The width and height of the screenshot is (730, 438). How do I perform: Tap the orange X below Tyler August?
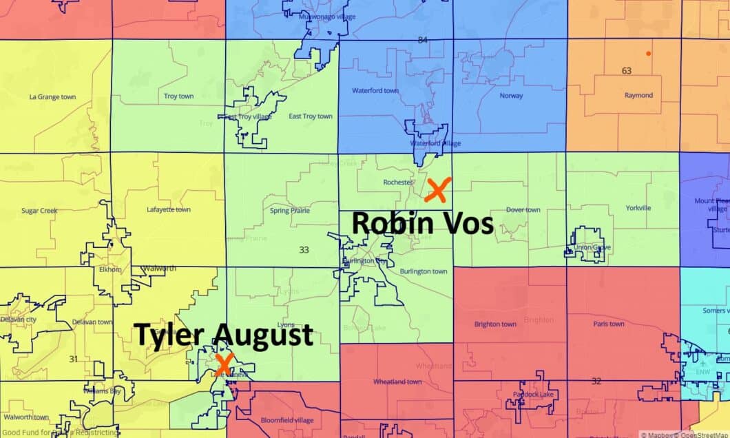[x=222, y=364]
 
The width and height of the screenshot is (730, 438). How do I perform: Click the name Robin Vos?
[x=423, y=224]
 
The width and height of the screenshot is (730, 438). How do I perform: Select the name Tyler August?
[x=224, y=335]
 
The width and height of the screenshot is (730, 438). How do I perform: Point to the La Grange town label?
[x=52, y=97]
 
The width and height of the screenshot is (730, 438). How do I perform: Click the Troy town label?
[x=178, y=96]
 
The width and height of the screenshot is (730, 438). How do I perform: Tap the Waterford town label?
[x=375, y=91]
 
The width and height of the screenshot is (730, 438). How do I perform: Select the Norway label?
[x=511, y=96]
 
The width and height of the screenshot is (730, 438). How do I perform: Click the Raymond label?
[x=638, y=96]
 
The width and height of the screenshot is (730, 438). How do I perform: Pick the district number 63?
[x=626, y=71]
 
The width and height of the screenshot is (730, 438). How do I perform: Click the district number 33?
[x=304, y=250]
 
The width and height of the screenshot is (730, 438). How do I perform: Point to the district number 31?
[x=74, y=359]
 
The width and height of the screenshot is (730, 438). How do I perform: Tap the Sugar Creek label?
[x=39, y=210]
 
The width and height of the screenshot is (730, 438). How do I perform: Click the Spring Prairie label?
[x=289, y=210]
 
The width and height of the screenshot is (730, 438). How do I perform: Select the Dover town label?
[x=523, y=210]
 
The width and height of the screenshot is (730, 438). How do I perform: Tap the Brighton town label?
[x=495, y=324]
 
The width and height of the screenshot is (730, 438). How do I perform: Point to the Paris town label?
[x=609, y=324]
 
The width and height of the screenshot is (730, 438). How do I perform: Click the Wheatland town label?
[x=397, y=382]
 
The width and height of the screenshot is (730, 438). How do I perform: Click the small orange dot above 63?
[x=648, y=53]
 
